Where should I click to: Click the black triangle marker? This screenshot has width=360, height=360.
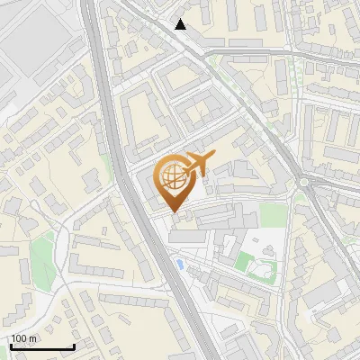(182, 24)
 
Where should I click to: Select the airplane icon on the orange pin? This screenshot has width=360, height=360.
(197, 164)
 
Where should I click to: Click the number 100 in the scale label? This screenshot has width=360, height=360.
(20, 338)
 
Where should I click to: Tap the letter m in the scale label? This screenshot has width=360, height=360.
(33, 338)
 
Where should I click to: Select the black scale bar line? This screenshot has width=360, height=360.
(42, 346)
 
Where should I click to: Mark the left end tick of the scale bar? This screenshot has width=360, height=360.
(11, 345)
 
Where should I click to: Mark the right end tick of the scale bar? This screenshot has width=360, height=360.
(74, 345)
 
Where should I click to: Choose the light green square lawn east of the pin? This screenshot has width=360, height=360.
(274, 214)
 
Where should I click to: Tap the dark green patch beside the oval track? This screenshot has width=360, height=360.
(243, 262)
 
